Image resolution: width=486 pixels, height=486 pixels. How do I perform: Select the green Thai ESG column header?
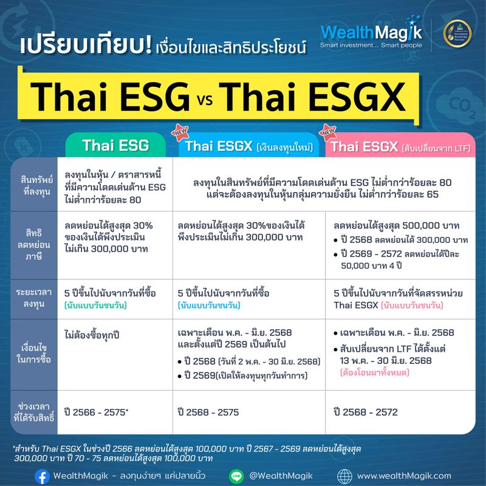(115, 146)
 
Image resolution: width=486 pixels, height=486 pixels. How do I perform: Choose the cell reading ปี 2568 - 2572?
(366, 412)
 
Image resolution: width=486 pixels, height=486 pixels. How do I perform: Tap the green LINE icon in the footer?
(236, 476)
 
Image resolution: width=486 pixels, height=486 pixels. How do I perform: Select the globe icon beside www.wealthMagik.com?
(344, 476)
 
